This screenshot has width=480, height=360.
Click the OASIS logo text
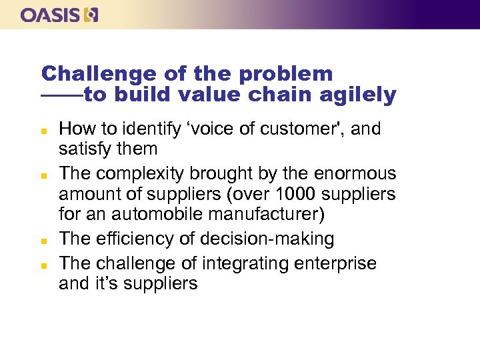click(51, 15)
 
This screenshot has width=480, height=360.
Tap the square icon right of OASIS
click(91, 15)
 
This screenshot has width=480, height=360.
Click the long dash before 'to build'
click(62, 95)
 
